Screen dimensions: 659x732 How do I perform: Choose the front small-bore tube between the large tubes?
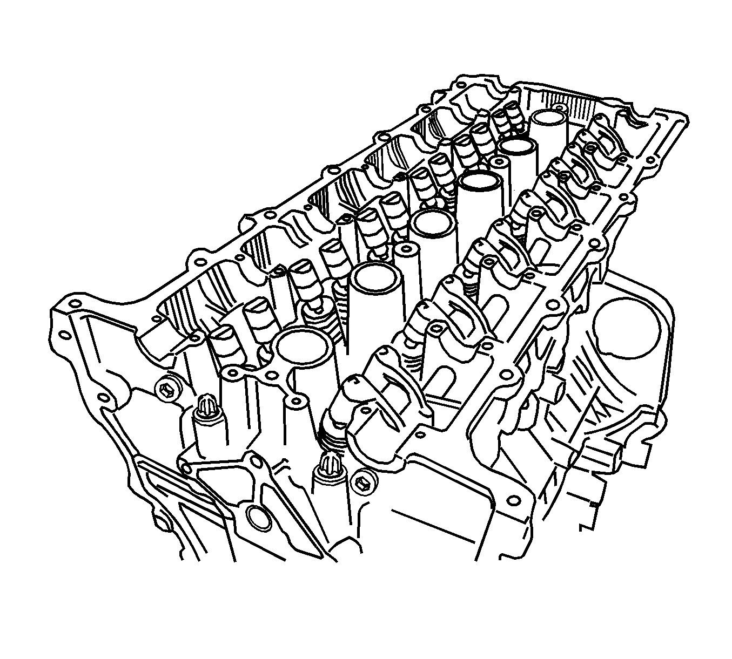tap(406, 249)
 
